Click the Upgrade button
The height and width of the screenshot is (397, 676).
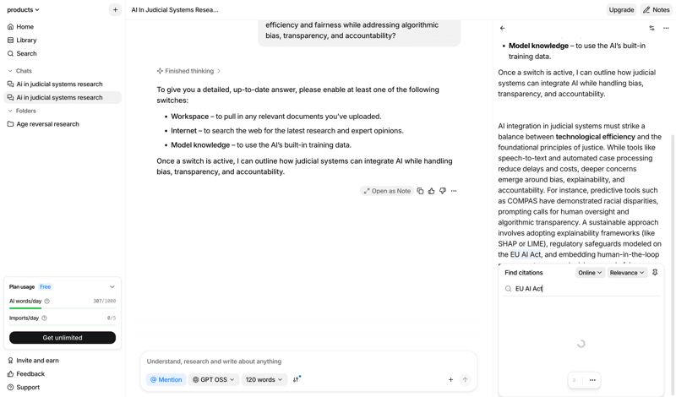tap(621, 10)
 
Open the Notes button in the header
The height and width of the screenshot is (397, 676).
tap(657, 10)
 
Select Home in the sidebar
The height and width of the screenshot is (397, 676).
tap(25, 27)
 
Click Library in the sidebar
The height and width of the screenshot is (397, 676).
tap(26, 41)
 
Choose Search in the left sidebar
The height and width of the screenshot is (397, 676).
tap(26, 54)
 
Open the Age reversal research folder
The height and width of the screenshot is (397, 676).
tap(47, 124)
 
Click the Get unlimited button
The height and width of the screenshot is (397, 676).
tap(63, 338)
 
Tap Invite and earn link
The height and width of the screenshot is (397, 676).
tap(37, 361)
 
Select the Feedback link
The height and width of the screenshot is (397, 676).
tap(30, 374)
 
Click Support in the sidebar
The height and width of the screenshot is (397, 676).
tap(28, 388)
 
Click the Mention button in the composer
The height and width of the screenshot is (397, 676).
tap(166, 380)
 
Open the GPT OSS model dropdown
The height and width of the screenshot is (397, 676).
tap(213, 380)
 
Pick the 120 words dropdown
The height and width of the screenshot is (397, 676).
tap(264, 380)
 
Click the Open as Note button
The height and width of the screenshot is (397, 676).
tap(387, 191)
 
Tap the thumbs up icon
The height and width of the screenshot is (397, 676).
tap(431, 191)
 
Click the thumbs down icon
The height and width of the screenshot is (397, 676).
tap(443, 191)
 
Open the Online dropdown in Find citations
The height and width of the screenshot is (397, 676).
tap(590, 273)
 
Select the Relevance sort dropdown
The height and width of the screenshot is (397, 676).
tap(627, 273)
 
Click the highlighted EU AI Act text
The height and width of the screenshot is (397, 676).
tap(526, 254)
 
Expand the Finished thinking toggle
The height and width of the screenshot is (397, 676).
tap(189, 71)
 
